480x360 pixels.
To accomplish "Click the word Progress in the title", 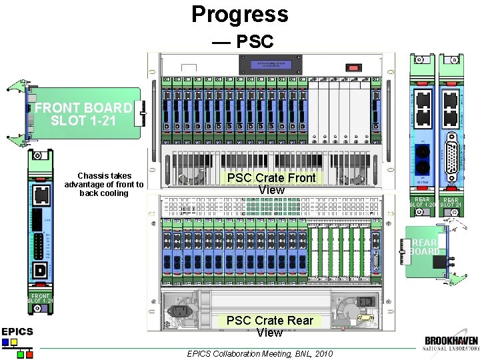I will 240,14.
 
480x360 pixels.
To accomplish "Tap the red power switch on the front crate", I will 352,67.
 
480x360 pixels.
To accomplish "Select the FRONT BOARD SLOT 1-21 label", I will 83,114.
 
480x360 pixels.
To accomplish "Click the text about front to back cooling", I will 104,185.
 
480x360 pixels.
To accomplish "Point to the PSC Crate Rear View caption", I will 269,326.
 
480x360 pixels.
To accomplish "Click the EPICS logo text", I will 17,331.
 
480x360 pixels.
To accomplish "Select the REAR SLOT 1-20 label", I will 422,202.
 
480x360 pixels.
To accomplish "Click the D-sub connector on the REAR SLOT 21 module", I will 451,159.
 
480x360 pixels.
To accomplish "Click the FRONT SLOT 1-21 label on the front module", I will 41,298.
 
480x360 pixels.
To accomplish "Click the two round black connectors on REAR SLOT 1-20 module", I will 422,160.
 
